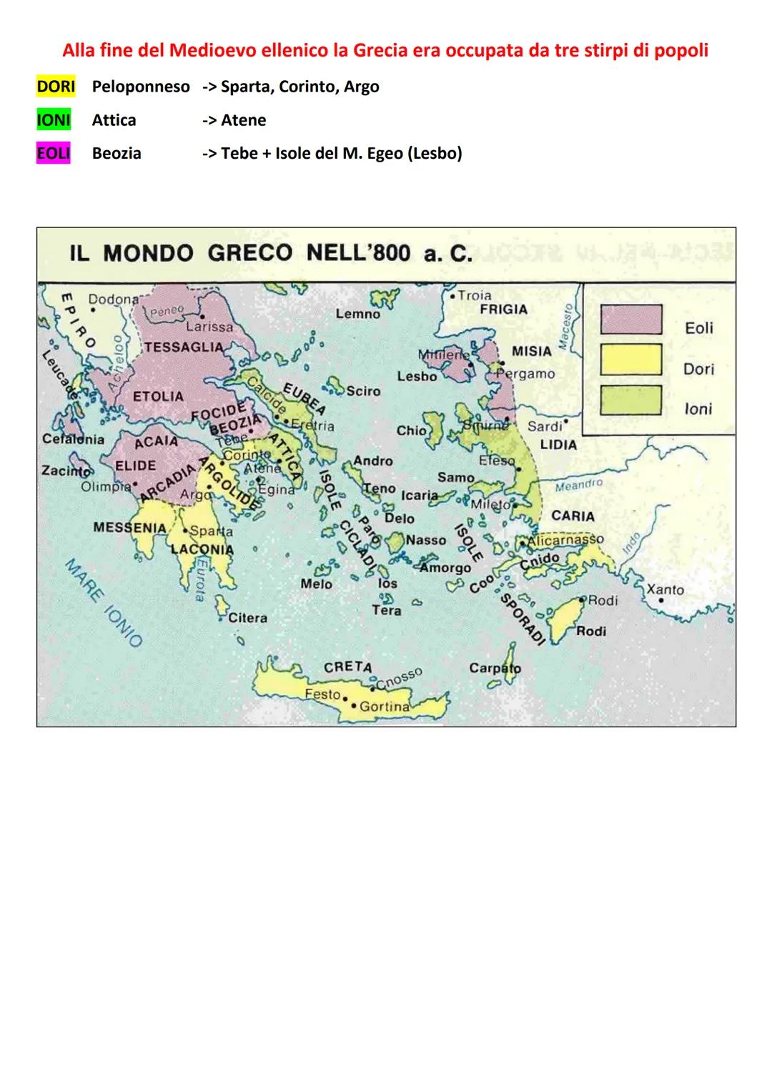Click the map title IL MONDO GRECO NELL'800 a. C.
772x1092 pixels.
pos(270,253)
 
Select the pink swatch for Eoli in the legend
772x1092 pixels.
pos(630,319)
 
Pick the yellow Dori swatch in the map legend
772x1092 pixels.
pos(630,359)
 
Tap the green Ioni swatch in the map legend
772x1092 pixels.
pos(630,400)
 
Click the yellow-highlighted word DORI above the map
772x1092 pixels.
pos(55,87)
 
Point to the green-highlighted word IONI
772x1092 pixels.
pos(54,120)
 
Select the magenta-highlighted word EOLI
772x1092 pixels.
pos(54,153)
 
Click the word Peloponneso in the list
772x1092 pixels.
pos(141,87)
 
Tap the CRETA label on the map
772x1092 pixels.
pos(347,666)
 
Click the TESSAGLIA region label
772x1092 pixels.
pos(184,347)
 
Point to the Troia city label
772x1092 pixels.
pos(474,295)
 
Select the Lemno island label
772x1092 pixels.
pos(357,314)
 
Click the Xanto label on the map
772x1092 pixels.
pos(665,590)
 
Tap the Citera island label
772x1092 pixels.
pos(247,618)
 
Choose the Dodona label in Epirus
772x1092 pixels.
pos(113,300)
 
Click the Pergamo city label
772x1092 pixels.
pos(526,374)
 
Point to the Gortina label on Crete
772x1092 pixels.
pos(384,707)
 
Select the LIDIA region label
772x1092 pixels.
pos(558,444)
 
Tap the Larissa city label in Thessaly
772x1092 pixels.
pos(209,327)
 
